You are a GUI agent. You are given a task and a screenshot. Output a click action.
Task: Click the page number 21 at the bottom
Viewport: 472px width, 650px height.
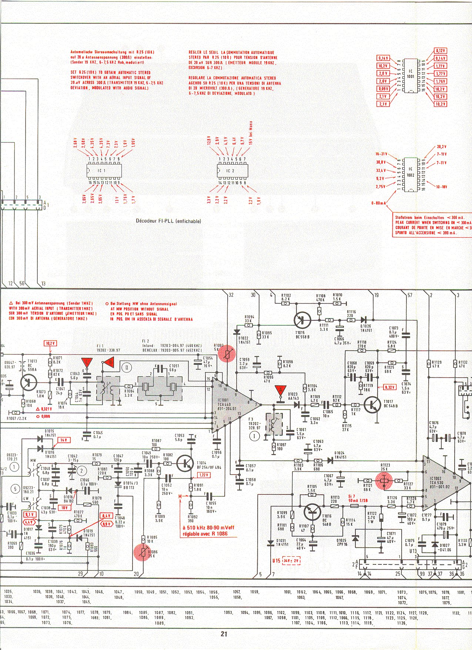(x=224, y=634)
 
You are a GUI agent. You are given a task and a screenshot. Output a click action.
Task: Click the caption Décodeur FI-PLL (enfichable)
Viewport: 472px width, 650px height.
(x=168, y=221)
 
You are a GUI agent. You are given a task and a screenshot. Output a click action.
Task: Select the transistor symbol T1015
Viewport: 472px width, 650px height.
(x=302, y=320)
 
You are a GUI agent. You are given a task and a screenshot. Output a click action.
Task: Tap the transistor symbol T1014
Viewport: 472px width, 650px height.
(x=185, y=463)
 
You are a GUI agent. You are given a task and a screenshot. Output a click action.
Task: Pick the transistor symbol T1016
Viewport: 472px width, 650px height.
(x=313, y=512)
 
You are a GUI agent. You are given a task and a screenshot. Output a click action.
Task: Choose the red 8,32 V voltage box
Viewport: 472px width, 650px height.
(x=389, y=387)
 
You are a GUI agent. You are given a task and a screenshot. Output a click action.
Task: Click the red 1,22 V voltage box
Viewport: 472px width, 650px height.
(x=204, y=475)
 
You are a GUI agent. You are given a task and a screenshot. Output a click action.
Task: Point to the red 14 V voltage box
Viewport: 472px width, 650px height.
(x=64, y=440)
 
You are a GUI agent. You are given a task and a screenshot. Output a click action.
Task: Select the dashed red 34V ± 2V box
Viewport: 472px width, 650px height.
(x=291, y=561)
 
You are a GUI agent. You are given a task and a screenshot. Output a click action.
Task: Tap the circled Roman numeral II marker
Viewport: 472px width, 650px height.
(x=126, y=367)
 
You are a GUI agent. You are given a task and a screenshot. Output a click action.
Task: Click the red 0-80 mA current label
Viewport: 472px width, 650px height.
(x=379, y=203)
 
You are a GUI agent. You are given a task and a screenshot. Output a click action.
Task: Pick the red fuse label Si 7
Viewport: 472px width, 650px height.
(x=352, y=496)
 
